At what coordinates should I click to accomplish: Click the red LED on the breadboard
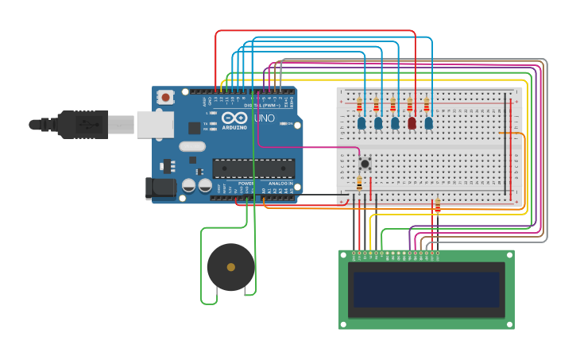point(412,122)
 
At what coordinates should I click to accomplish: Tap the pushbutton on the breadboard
point(365,163)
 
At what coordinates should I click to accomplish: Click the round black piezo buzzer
point(230,267)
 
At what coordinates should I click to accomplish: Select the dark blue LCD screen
point(426,290)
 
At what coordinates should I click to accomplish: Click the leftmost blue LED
point(361,122)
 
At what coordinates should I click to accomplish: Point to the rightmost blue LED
point(428,122)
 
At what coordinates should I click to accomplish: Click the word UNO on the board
point(265,118)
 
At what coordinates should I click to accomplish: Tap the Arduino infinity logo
point(234,118)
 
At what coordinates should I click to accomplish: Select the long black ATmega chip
point(253,168)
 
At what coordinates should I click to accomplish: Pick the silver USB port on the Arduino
point(154,124)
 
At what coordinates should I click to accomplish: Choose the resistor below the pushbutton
point(359,184)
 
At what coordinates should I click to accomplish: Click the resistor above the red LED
point(411,105)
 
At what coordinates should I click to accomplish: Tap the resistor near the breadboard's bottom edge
point(437,205)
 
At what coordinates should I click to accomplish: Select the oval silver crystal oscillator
point(192,146)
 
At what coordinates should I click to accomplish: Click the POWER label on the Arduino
point(246,184)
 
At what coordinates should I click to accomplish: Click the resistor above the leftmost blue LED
point(359,105)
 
